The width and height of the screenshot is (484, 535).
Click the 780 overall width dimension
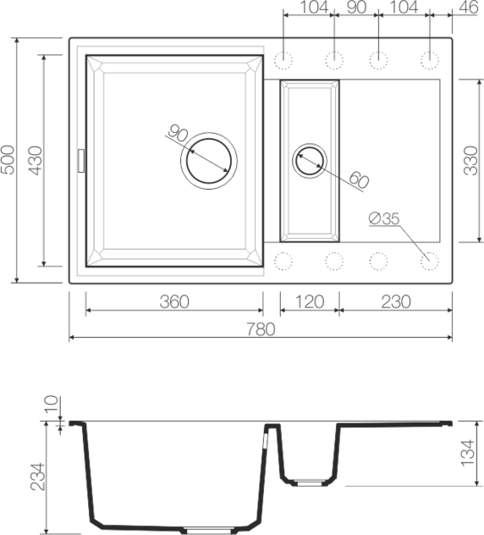[x=261, y=329]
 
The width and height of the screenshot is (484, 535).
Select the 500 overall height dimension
[x=10, y=160]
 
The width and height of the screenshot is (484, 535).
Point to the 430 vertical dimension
[x=36, y=160]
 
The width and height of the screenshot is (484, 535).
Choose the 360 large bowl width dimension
[x=174, y=301]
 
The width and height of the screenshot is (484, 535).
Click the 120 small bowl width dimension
[x=308, y=301]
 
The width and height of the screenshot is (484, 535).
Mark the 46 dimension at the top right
[x=467, y=8]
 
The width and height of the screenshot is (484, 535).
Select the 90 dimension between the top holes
[x=356, y=8]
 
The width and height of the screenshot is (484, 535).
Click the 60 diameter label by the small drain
[x=357, y=179]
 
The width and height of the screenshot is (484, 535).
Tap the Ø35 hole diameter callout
[x=381, y=218]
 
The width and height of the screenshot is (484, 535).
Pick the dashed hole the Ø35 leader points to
[x=430, y=260]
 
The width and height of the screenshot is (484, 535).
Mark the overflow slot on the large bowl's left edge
[x=82, y=160]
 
